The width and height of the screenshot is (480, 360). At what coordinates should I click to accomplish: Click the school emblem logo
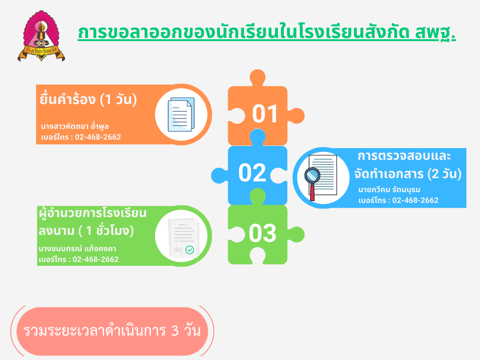(x=41, y=36)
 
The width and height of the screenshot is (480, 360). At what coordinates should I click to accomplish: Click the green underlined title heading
(x=267, y=33)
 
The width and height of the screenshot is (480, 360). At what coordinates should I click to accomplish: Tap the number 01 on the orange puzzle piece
(x=265, y=114)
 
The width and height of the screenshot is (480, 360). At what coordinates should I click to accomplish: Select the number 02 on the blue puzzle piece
(x=253, y=172)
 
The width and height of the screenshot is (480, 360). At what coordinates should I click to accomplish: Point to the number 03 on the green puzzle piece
(x=262, y=233)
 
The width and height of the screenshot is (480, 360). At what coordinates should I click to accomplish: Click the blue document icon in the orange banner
(x=181, y=114)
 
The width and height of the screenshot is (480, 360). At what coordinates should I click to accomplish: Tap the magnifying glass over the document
(x=312, y=182)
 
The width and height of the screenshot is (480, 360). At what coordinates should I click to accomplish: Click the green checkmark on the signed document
(x=190, y=250)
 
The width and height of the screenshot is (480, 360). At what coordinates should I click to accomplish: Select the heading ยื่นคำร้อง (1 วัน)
(x=88, y=99)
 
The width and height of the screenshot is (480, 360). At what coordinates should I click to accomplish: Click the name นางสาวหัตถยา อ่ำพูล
(x=75, y=126)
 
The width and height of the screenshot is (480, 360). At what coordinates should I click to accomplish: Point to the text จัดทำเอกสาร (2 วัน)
(x=408, y=174)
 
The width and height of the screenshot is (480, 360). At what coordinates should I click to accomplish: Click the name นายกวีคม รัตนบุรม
(x=390, y=190)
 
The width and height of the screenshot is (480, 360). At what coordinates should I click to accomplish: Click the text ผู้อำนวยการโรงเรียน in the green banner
(x=93, y=213)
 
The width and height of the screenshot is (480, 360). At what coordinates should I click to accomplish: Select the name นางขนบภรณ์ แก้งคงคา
(x=77, y=248)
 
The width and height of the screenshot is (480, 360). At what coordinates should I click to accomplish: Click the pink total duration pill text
(x=112, y=331)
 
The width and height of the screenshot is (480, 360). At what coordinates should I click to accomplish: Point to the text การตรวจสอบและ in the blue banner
(x=405, y=156)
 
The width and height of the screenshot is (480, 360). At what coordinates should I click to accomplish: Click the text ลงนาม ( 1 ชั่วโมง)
(x=86, y=231)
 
